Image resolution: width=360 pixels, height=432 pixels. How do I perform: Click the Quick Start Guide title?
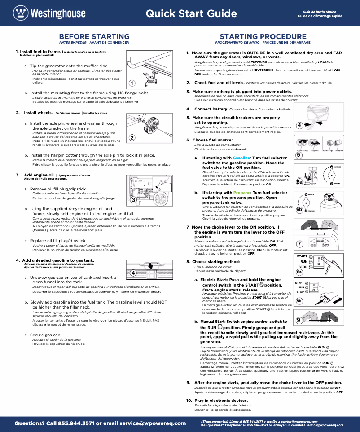coord(191,13)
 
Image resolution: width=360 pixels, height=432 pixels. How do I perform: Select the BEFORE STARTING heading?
coord(94,36)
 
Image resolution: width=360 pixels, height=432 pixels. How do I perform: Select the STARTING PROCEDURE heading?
coord(263,36)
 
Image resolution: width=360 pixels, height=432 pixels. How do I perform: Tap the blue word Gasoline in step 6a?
coord(241,158)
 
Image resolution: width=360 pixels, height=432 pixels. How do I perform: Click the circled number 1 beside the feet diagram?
coord(132,83)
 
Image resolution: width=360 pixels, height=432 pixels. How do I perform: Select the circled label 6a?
coord(299,182)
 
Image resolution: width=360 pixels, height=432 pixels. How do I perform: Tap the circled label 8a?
coord(299,272)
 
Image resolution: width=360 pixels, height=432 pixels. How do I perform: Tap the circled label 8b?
coord(299,300)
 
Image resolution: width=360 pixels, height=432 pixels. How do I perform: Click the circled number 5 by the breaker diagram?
coord(299,155)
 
